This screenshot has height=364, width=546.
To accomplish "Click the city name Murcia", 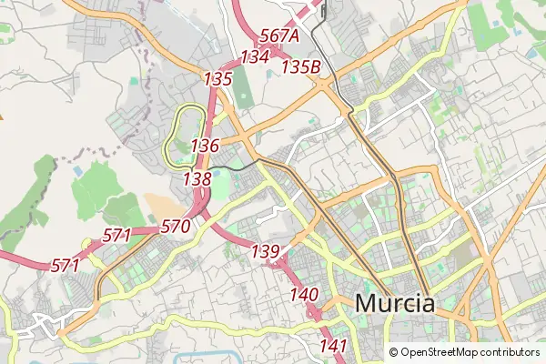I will tap(395, 303).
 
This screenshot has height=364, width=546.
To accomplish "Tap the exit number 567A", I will tap(279, 35).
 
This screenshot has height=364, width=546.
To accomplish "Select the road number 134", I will tap(256, 56).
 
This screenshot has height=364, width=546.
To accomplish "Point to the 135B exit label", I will tap(301, 66).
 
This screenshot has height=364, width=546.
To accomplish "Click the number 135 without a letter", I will tap(218, 79).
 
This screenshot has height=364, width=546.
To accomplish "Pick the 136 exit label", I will tap(206, 146).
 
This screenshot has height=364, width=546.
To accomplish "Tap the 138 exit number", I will tap(197, 179).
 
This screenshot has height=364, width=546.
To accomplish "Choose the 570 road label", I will tap(175, 227).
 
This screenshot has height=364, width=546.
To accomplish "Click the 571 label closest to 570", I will tap(117, 235).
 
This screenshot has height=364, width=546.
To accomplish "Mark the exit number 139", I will tap(265, 251).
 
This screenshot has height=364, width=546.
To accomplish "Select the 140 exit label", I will tap(304, 294).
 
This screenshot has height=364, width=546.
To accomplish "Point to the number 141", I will tap(334, 345).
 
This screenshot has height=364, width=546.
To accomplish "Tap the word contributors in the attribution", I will tap(511, 352).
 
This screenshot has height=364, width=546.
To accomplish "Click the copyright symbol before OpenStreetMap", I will tap(394, 352).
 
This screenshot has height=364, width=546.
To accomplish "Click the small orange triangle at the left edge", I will tap(2, 116).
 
